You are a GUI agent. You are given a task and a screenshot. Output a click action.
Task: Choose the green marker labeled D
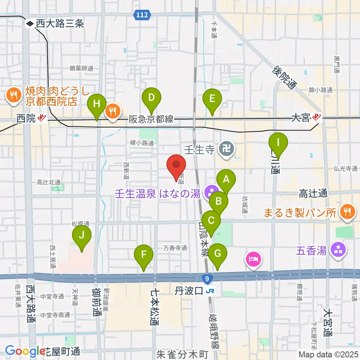click(151, 98)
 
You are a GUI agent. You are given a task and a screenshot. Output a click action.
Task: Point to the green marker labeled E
click(212, 99)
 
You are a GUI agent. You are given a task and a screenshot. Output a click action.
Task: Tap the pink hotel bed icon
click(253, 259)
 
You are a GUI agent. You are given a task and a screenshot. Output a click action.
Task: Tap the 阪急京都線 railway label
click(151, 120)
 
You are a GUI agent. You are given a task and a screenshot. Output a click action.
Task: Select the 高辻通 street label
click(313, 193)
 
